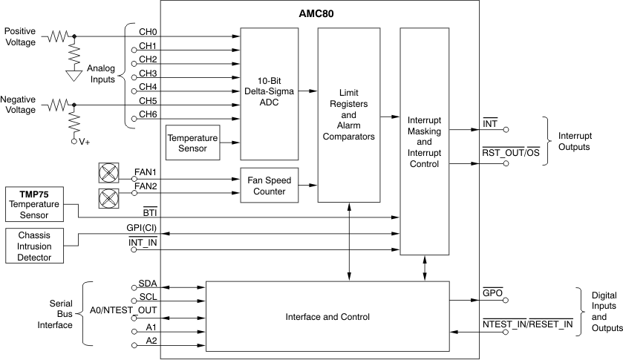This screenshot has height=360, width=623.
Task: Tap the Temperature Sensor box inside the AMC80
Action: (192, 143)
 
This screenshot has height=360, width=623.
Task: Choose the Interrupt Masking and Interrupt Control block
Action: (425, 141)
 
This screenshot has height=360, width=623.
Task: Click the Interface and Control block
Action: (327, 317)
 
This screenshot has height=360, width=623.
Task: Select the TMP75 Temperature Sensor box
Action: (33, 204)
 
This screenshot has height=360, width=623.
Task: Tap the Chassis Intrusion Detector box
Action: (33, 246)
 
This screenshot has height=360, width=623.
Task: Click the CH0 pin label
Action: (148, 32)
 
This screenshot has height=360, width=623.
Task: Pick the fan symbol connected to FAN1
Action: (109, 173)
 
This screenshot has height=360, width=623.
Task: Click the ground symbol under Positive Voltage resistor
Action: (74, 75)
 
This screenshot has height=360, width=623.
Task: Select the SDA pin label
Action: (147, 284)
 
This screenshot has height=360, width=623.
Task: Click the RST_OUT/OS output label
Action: (511, 153)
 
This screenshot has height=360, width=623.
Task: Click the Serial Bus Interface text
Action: (61, 313)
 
